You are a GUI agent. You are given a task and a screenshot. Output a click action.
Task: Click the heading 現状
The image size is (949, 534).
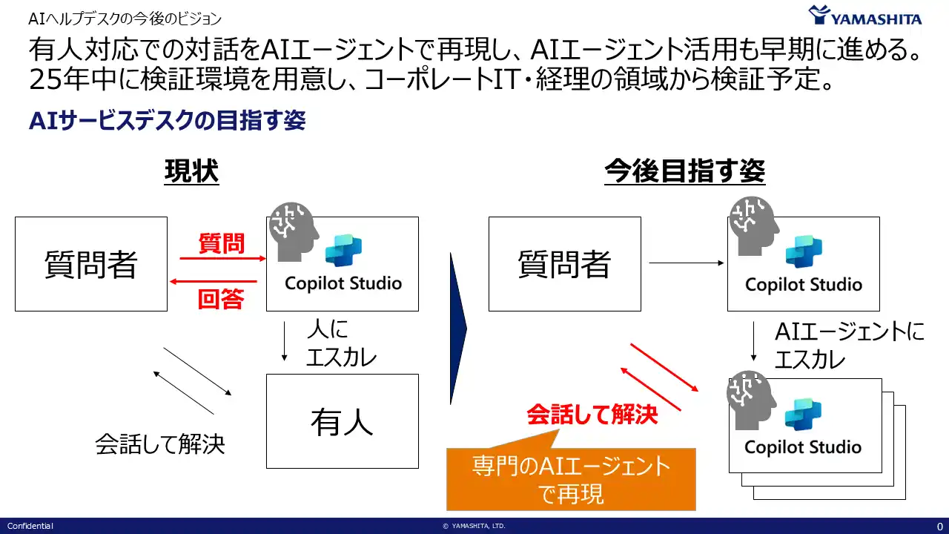[x=191, y=172]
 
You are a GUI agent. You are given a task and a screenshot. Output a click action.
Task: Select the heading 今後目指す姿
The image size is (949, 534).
[x=684, y=172]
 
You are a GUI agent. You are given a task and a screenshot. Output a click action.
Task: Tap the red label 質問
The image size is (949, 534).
[x=221, y=243]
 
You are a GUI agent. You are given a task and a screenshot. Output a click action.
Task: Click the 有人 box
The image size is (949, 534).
[x=342, y=421]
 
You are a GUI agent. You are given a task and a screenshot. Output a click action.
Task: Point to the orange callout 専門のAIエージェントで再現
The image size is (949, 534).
[x=571, y=479]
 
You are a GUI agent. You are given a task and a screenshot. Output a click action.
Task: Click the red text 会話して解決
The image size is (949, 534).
[x=592, y=414]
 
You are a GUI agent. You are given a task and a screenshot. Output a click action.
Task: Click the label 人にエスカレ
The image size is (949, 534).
[x=341, y=343]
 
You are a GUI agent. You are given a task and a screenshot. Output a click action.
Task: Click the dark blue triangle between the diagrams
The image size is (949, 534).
[x=457, y=329]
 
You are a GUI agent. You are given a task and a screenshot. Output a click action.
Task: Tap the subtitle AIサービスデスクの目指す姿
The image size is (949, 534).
[x=167, y=121]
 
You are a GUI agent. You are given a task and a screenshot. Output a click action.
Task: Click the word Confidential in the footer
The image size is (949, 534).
[x=30, y=526]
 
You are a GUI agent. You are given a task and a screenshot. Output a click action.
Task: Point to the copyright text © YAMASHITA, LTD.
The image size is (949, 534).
[x=474, y=526]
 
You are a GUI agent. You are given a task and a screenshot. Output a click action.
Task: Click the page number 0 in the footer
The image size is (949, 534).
[x=939, y=526]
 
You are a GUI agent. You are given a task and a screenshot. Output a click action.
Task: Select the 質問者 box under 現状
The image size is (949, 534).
[x=91, y=264]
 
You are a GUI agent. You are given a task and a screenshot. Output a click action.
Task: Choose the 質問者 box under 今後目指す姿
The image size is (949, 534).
[x=564, y=264]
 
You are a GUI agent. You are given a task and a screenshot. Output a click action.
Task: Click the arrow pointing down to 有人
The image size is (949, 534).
[x=285, y=342]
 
